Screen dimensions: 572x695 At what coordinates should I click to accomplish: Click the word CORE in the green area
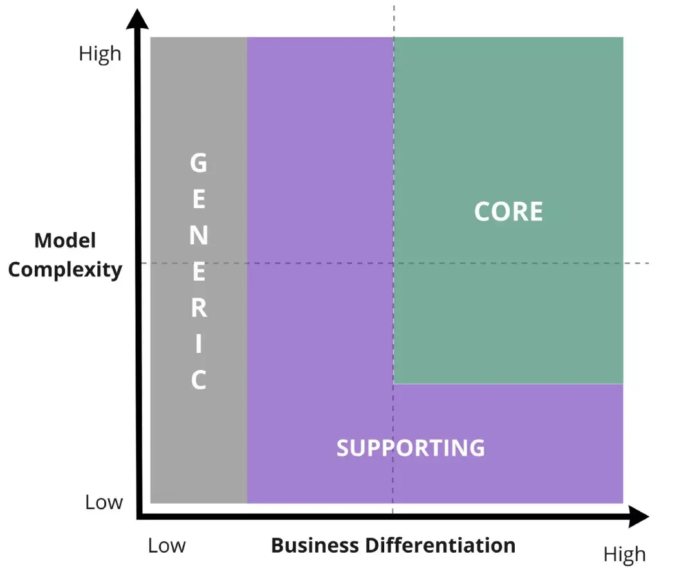pyautogui.click(x=508, y=212)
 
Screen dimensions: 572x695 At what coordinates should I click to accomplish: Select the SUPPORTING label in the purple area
pyautogui.click(x=411, y=447)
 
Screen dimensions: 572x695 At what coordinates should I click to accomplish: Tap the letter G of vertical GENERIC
pyautogui.click(x=199, y=163)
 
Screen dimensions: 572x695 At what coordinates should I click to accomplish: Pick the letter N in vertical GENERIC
pyautogui.click(x=199, y=236)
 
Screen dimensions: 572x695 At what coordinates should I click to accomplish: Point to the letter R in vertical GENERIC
pyautogui.click(x=199, y=308)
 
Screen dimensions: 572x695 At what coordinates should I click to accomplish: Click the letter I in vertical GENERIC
pyautogui.click(x=199, y=344)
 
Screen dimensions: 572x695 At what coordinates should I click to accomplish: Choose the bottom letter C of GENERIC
pyautogui.click(x=199, y=380)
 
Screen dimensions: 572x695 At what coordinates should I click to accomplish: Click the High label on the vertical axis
pyautogui.click(x=100, y=53)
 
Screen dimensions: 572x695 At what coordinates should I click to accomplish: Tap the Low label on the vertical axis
pyautogui.click(x=104, y=502)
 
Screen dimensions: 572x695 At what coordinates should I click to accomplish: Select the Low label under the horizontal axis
pyautogui.click(x=167, y=546)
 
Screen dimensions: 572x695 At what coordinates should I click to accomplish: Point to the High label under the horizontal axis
pyautogui.click(x=624, y=554)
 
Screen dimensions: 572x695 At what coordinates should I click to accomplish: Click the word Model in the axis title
pyautogui.click(x=65, y=241)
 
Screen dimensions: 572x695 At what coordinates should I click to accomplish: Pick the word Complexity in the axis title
pyautogui.click(x=65, y=269)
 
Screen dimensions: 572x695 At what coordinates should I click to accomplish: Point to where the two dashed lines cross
pyautogui.click(x=393, y=263)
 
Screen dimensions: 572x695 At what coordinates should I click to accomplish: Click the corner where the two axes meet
pyautogui.click(x=139, y=515)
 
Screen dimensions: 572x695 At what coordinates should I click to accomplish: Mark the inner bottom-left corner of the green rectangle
pyautogui.click(x=394, y=384)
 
